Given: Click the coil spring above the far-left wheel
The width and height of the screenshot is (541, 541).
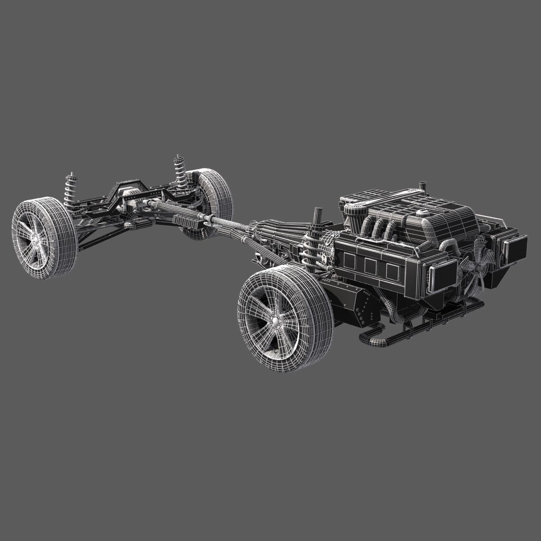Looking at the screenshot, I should pyautogui.click(x=70, y=191).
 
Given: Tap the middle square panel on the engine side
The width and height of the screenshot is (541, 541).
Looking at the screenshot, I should pyautogui.click(x=371, y=266).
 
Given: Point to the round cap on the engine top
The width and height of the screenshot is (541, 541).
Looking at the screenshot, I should pyautogui.click(x=422, y=213).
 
